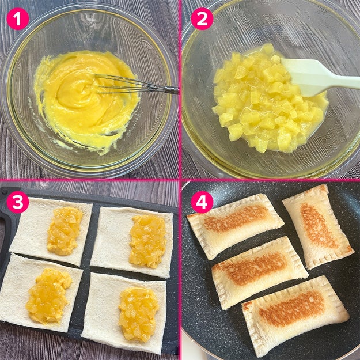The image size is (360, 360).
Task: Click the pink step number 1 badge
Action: (x=18, y=19)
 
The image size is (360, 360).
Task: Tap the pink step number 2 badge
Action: (x=202, y=19)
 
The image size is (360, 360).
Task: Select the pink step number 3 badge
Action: (x=18, y=202)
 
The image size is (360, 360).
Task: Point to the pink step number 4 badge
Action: (x=202, y=202)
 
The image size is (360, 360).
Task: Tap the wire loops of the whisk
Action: (x=122, y=84)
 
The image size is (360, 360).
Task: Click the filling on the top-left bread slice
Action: (x=65, y=231)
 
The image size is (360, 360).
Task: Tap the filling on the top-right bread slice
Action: (x=148, y=241)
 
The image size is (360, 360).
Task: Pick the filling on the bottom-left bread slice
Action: (x=48, y=296)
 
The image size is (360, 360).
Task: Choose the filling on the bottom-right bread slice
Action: (x=138, y=314)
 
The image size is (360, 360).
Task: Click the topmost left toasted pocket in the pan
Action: (x=236, y=225)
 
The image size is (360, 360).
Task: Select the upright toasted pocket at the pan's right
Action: (x=318, y=226)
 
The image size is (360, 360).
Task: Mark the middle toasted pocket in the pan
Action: (x=259, y=272)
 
